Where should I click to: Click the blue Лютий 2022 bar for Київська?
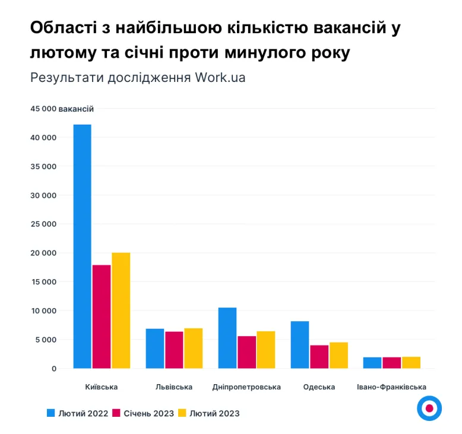(82, 246)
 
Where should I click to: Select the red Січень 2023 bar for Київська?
(102, 316)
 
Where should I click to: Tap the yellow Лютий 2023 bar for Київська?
(121, 311)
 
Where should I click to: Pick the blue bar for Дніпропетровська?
(227, 338)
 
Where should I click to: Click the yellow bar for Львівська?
(194, 349)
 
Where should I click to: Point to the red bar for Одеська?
(319, 357)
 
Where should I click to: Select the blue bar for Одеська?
(300, 345)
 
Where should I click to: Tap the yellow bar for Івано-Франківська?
(411, 363)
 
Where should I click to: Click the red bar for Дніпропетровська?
(246, 352)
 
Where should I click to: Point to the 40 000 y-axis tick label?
(43, 138)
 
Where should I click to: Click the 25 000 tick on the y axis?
(43, 224)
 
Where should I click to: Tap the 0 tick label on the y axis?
(53, 369)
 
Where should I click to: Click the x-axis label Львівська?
(174, 387)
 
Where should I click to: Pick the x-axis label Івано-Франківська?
(391, 387)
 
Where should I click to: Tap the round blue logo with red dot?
(429, 408)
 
